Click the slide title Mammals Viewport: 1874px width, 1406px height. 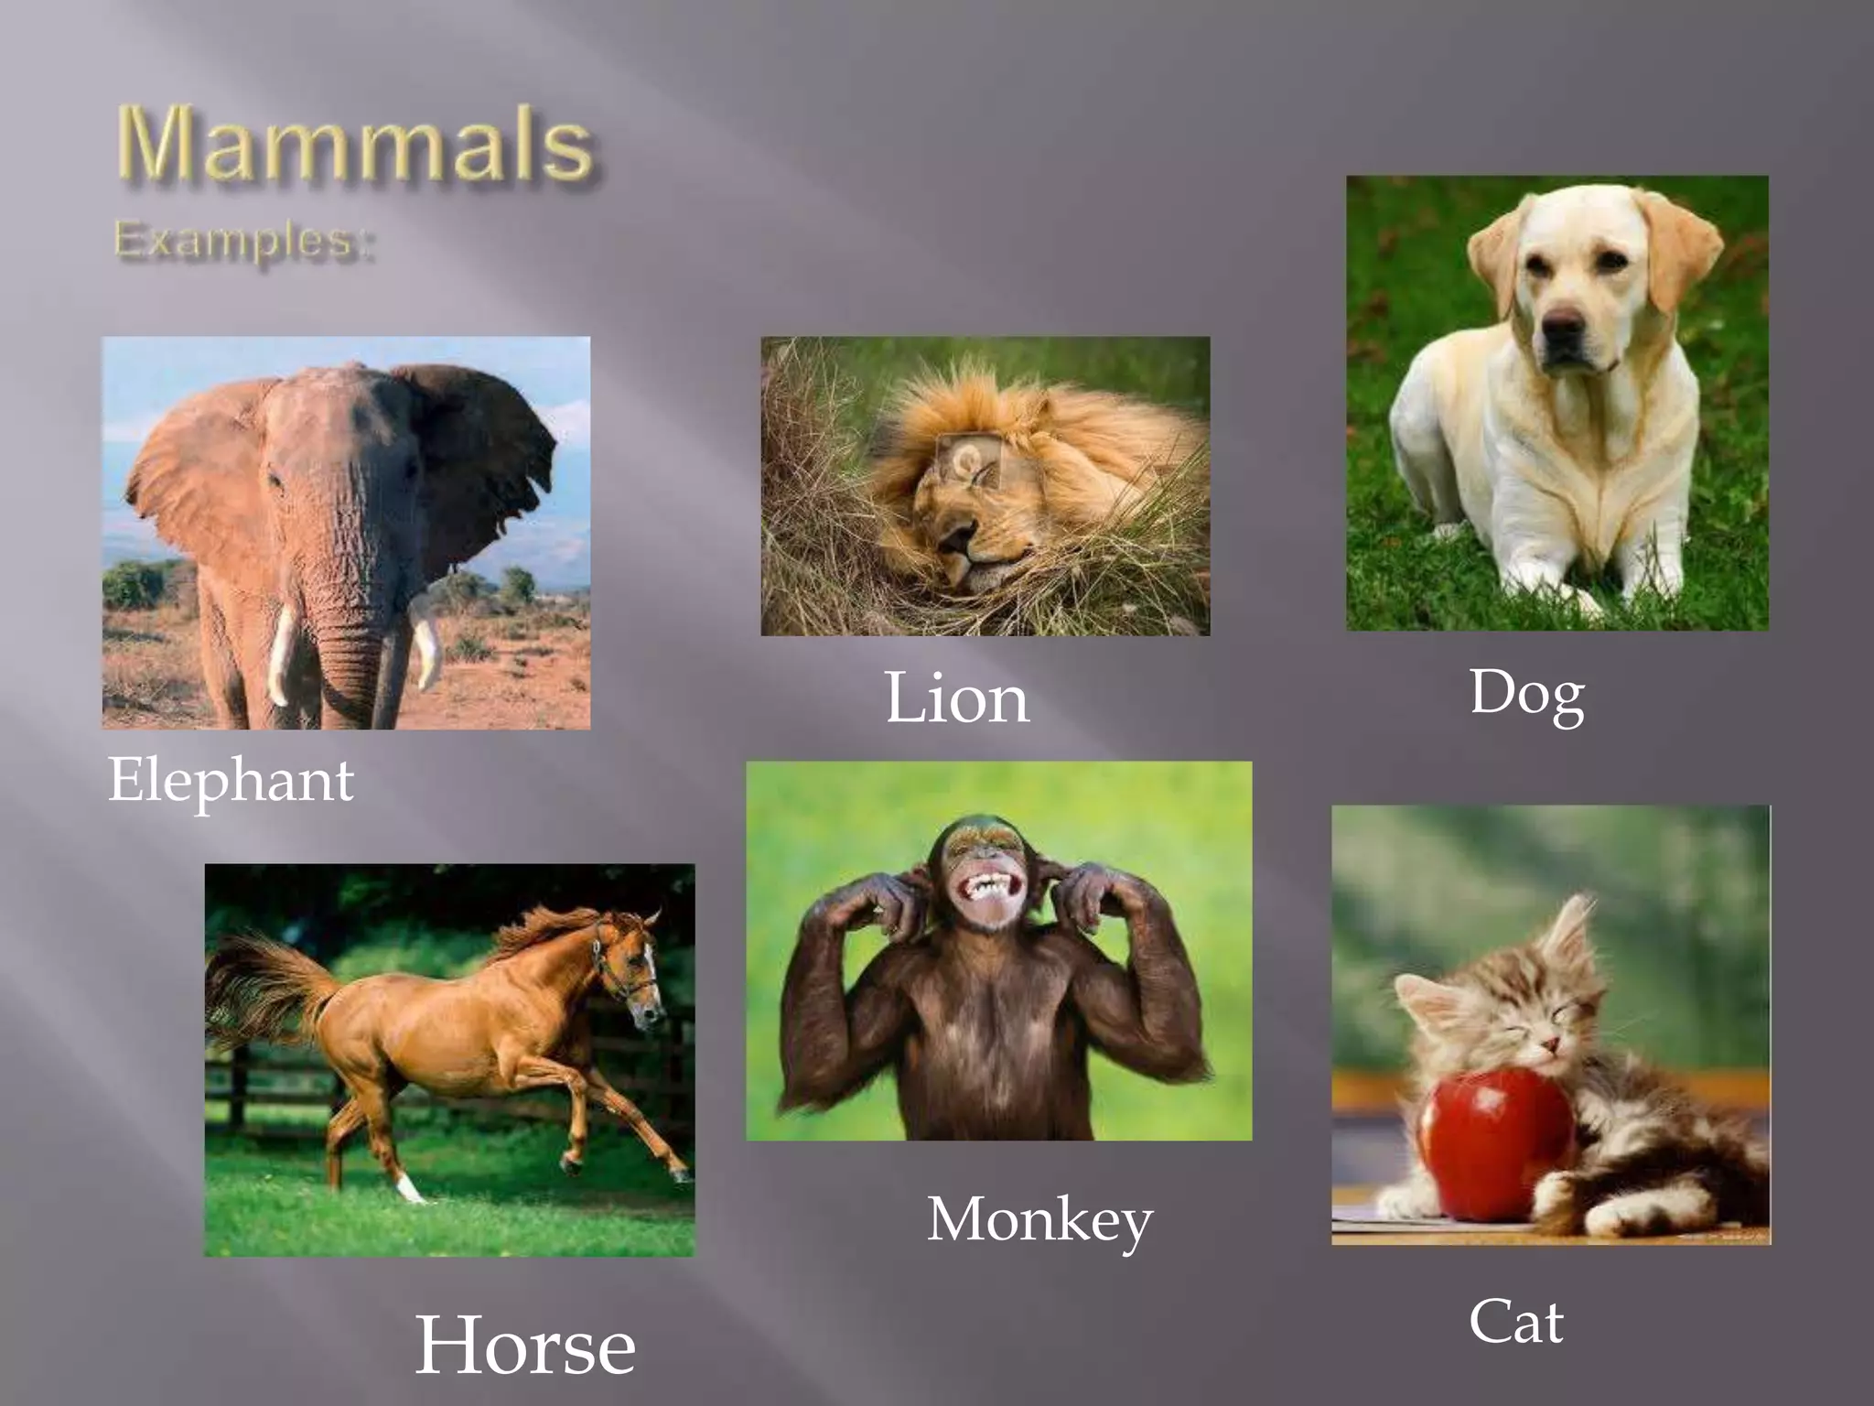point(355,145)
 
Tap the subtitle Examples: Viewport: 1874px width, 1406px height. point(244,242)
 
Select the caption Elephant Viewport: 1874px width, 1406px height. point(231,781)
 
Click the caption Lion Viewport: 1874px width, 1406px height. point(956,698)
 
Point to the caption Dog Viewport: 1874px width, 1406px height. point(1527,693)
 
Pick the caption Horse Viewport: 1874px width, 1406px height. point(525,1346)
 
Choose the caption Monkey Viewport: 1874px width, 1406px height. point(1039,1220)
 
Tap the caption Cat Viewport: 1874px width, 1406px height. point(1516,1322)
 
